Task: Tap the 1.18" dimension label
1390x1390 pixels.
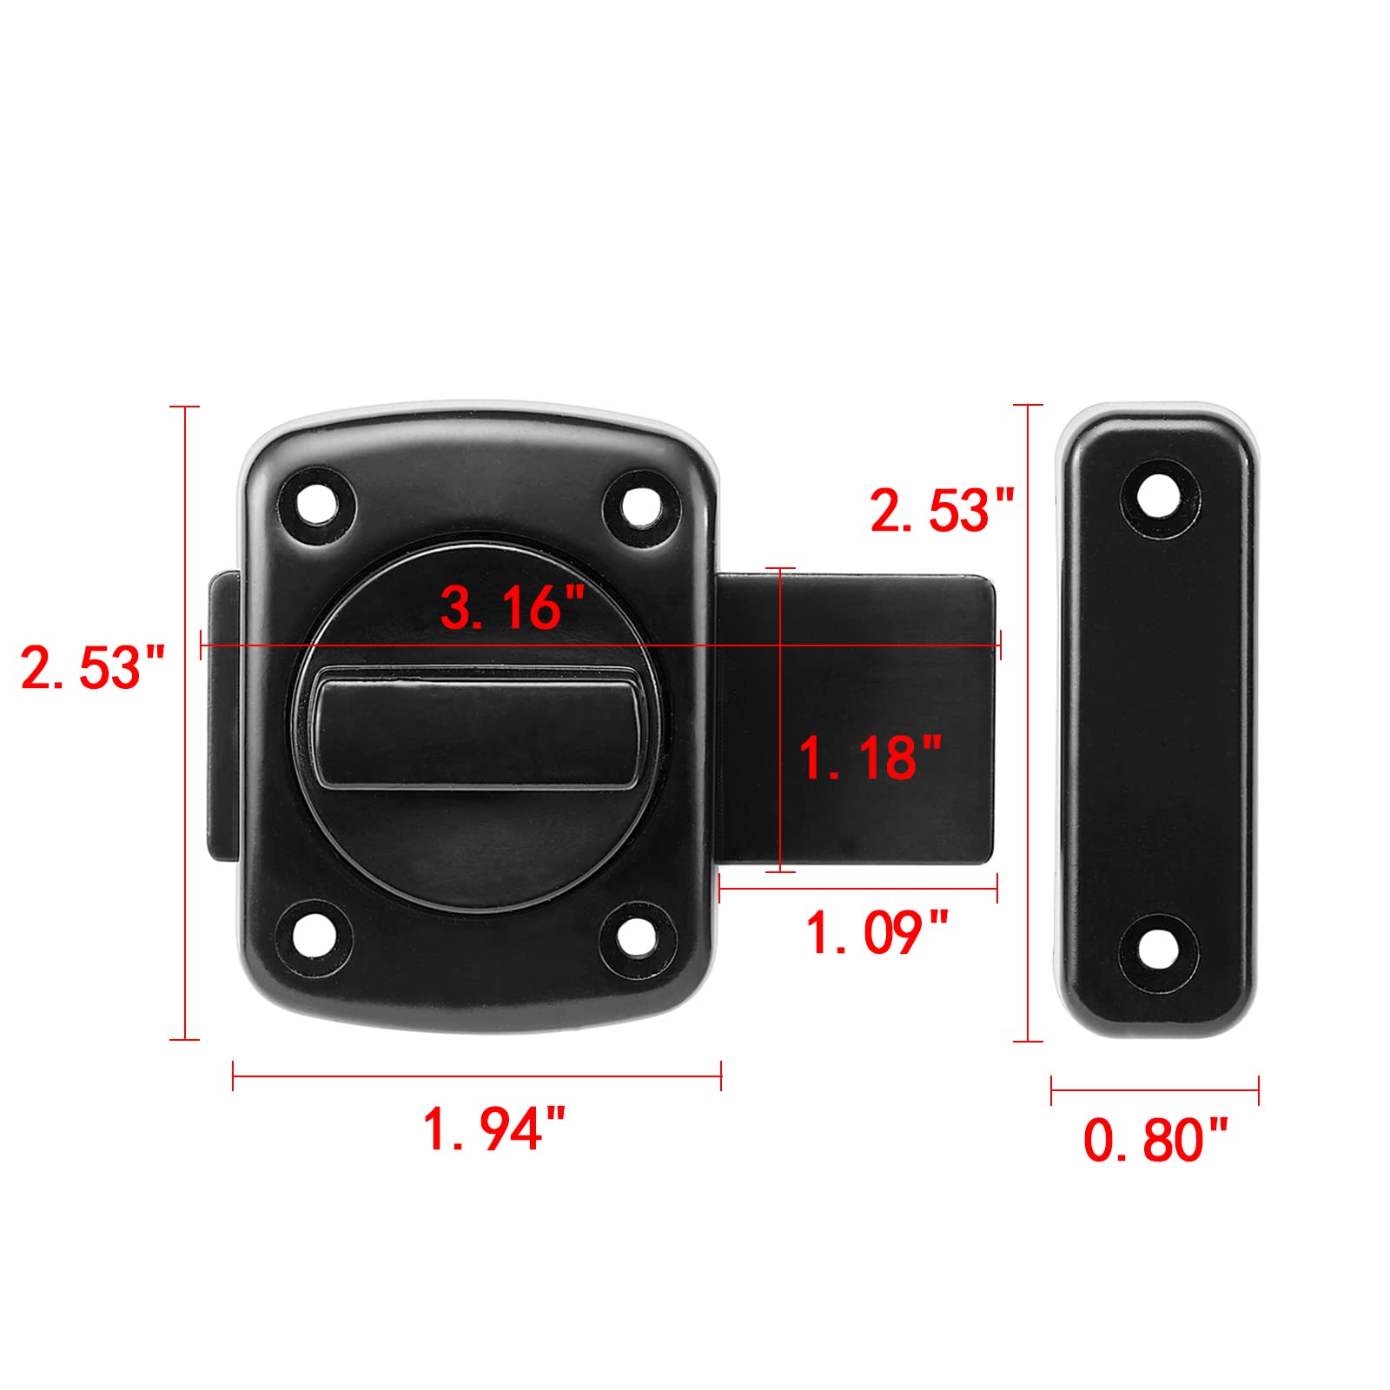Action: click(870, 757)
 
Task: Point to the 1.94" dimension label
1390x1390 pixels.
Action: click(494, 1129)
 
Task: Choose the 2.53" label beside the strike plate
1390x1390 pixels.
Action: click(943, 510)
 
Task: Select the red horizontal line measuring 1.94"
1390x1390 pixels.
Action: click(477, 1076)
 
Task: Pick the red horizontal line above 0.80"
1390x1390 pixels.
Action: click(1155, 1089)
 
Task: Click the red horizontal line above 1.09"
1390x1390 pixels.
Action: click(858, 887)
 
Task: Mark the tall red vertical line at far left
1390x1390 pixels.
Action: click(184, 721)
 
